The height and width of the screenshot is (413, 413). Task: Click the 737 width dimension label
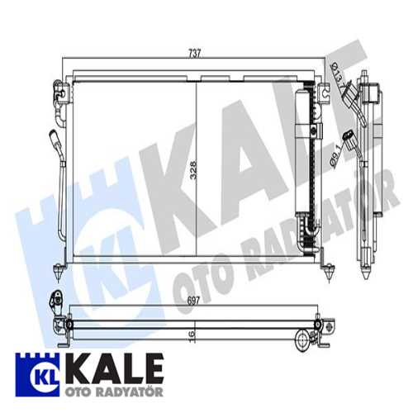click(195, 53)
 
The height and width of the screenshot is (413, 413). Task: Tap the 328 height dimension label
click(193, 170)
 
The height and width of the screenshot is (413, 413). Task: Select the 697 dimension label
click(193, 301)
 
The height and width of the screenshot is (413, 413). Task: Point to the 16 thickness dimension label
click(192, 335)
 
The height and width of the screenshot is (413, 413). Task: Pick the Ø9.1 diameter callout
click(336, 156)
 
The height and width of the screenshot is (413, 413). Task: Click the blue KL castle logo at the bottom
click(37, 374)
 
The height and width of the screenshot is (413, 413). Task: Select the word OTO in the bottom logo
click(76, 392)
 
